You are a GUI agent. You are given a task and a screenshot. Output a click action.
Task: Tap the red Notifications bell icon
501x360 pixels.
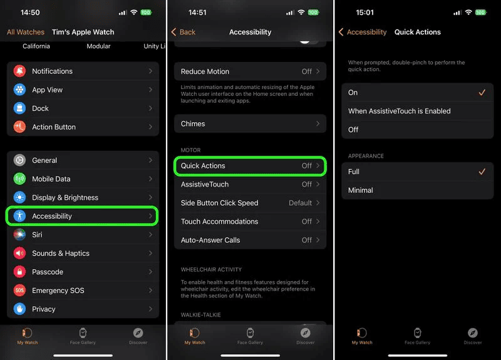click(19, 71)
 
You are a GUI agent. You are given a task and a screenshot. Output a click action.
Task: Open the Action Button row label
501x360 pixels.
click(54, 127)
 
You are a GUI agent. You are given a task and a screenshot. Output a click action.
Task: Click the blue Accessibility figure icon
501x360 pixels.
click(19, 216)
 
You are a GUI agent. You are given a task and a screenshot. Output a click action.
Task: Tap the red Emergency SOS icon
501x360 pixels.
click(19, 291)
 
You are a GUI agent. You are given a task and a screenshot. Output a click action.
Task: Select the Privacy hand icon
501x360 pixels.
click(19, 309)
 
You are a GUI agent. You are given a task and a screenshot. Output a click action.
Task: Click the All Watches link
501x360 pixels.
click(26, 32)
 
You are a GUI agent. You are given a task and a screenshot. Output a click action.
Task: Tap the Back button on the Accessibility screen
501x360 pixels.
click(183, 32)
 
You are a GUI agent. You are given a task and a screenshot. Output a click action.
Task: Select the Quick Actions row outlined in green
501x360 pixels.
click(250, 166)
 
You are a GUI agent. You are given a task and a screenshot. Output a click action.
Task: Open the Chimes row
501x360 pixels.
click(250, 123)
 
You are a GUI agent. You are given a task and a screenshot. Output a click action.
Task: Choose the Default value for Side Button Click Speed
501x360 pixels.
click(300, 203)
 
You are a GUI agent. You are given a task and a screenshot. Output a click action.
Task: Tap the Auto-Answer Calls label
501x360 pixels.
click(210, 240)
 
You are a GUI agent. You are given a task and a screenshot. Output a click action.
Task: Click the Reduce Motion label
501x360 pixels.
click(205, 71)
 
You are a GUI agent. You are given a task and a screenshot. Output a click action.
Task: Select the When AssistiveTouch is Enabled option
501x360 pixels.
click(400, 111)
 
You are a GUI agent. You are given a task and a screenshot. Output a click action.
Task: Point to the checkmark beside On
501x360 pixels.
click(482, 93)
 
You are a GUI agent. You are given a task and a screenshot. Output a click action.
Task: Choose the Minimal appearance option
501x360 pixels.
click(361, 190)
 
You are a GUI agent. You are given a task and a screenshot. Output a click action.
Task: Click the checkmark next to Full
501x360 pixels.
click(482, 172)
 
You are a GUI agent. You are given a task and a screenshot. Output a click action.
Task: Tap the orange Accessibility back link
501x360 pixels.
click(363, 32)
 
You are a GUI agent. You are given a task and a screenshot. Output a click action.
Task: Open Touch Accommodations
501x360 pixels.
click(219, 222)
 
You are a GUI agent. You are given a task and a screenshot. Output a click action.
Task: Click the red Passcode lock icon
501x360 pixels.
click(19, 272)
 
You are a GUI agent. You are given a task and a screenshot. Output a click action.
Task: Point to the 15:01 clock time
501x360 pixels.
click(364, 13)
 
